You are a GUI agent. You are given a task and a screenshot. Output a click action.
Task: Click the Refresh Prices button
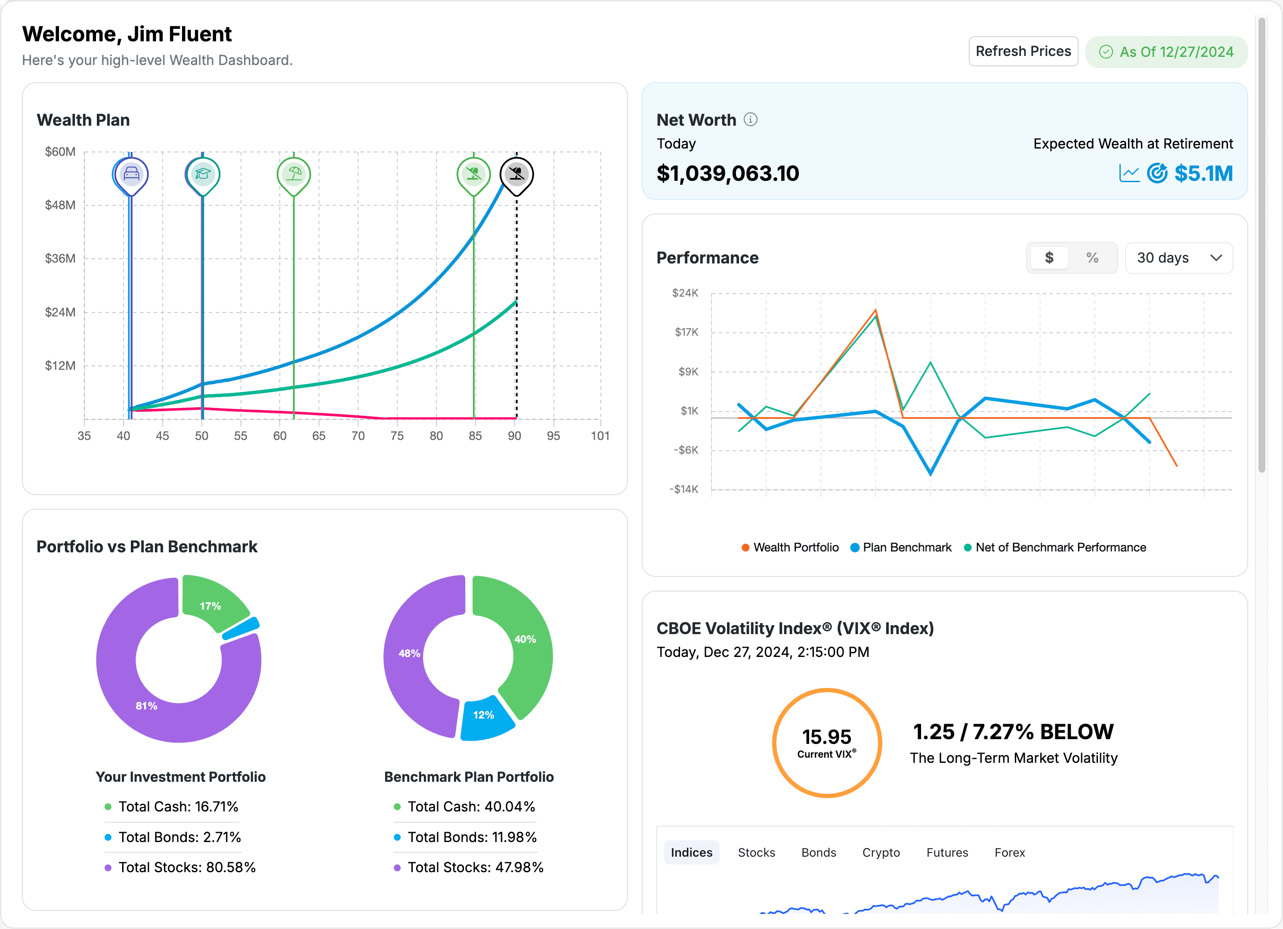click(x=1023, y=52)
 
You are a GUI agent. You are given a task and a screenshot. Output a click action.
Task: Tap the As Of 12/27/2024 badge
click(x=1166, y=52)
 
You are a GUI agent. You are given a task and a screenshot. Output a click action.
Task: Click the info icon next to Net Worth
click(x=750, y=119)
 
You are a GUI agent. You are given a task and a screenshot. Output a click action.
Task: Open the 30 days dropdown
click(x=1178, y=258)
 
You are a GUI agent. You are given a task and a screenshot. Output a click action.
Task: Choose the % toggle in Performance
click(x=1092, y=258)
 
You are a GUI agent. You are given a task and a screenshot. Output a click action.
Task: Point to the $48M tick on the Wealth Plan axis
click(x=60, y=205)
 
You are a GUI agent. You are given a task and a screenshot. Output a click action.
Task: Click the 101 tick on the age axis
click(x=600, y=436)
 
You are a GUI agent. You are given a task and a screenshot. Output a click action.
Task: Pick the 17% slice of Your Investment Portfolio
click(x=212, y=604)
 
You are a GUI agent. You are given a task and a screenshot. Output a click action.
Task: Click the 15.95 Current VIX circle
click(x=826, y=742)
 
